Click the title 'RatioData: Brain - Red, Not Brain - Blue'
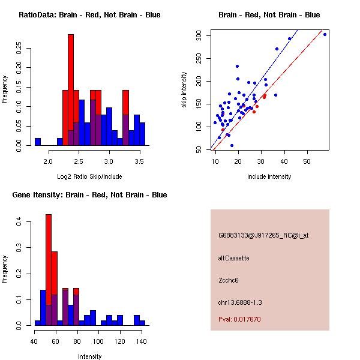tap(89, 15)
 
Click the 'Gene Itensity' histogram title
tap(89, 195)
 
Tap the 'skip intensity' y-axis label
tap(185, 90)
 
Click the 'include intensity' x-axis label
tap(269, 176)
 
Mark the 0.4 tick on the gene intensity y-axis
tap(19, 222)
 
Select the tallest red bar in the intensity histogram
tap(49, 270)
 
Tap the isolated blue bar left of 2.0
tap(38, 142)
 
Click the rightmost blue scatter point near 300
tap(325, 34)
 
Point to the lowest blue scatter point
tap(232, 145)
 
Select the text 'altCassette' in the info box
tap(234, 258)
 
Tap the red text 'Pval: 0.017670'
tap(240, 319)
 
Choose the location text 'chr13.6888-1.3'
tap(240, 302)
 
